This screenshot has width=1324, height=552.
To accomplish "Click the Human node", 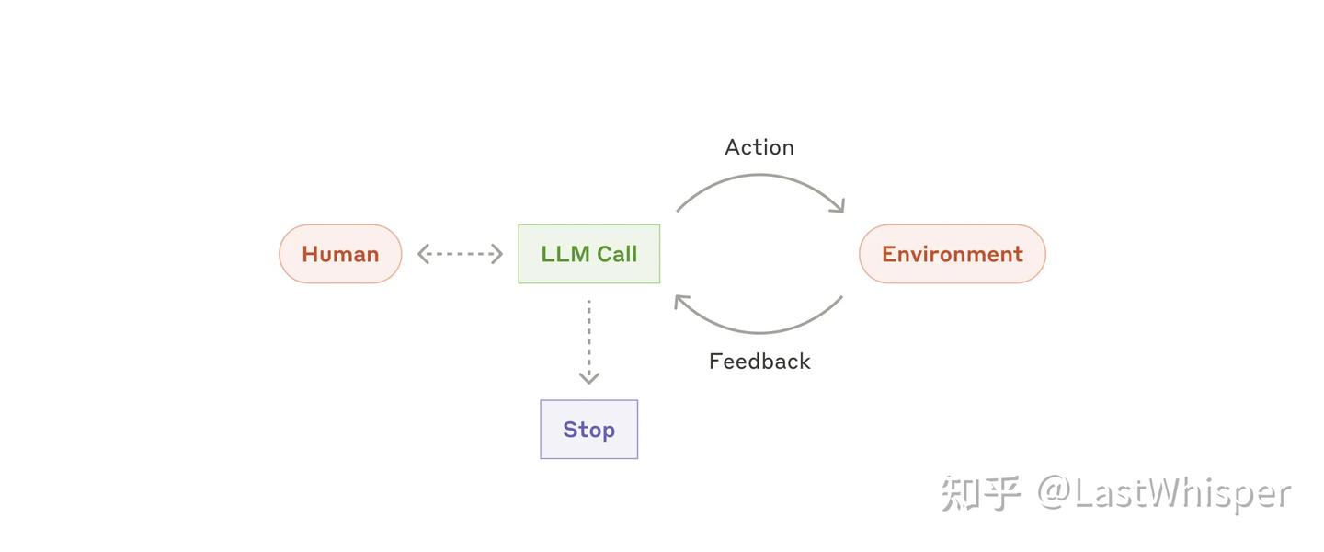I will pos(340,254).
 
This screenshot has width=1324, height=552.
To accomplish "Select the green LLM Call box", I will pos(588,254).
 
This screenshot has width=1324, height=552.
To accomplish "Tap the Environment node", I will pos(952,254).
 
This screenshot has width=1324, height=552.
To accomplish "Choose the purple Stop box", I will pos(588,430).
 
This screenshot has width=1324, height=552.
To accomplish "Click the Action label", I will pos(759,147).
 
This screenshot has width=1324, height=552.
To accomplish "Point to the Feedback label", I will pos(759,362).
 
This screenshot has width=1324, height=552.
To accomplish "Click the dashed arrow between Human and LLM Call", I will pos(460,254).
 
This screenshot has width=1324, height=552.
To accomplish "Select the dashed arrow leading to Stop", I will pos(588,336).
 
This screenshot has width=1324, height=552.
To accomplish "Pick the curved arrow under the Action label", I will pos(759,178).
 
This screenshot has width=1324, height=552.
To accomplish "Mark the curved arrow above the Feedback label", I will pos(759,330).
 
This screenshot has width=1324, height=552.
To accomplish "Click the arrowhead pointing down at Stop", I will pos(588,377).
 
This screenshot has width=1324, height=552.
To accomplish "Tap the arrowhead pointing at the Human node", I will pos(424,254).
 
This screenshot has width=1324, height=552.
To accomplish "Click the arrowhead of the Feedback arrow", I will pos(681,301).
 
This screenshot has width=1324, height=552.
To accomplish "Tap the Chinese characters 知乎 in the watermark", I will pos(980,494).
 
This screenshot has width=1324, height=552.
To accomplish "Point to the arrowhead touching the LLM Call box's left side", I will pos(496,254).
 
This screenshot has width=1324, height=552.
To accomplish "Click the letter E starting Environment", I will pos(889,254).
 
